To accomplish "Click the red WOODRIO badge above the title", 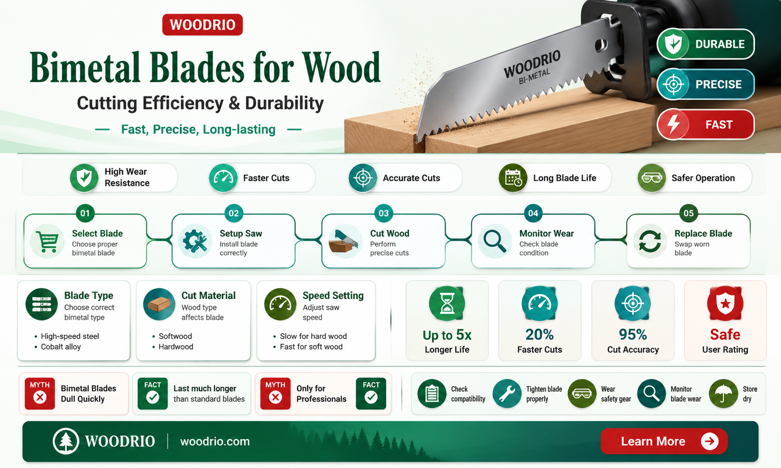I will [x=202, y=25].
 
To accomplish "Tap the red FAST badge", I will [x=705, y=124].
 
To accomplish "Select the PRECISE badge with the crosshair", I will [x=705, y=84].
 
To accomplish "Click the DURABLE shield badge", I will [x=705, y=44].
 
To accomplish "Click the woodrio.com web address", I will [x=215, y=441].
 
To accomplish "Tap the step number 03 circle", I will [x=384, y=213].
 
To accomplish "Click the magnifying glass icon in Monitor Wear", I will [x=495, y=241].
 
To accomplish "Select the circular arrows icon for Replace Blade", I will [x=650, y=241].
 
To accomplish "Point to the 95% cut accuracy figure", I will [x=632, y=334].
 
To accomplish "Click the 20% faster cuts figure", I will [x=539, y=334].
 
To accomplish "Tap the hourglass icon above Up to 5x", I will [x=447, y=304].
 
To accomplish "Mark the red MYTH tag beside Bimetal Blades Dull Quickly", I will [x=40, y=393].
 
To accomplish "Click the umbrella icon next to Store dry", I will [x=723, y=393].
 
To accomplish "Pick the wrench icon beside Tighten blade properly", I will [x=507, y=393].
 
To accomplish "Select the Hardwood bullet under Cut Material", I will [x=176, y=347].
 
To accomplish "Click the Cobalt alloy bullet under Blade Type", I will [x=61, y=347].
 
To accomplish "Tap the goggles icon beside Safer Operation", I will [x=652, y=178].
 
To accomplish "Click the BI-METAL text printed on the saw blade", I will [x=534, y=76].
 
